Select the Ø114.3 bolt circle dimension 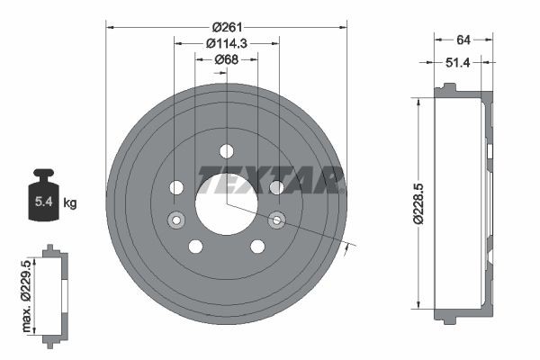point(226,43)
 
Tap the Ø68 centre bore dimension point(226,59)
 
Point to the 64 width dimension point(463,39)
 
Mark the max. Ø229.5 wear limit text point(32,293)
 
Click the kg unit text point(70,203)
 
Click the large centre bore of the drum point(226,202)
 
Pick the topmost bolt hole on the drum point(226,150)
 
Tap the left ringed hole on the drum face point(175,219)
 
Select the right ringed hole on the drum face point(277,219)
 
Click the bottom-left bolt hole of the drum point(195,247)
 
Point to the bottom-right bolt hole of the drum point(257,247)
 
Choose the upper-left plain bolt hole point(176,187)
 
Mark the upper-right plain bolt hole point(276,187)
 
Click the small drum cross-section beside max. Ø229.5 point(54,295)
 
